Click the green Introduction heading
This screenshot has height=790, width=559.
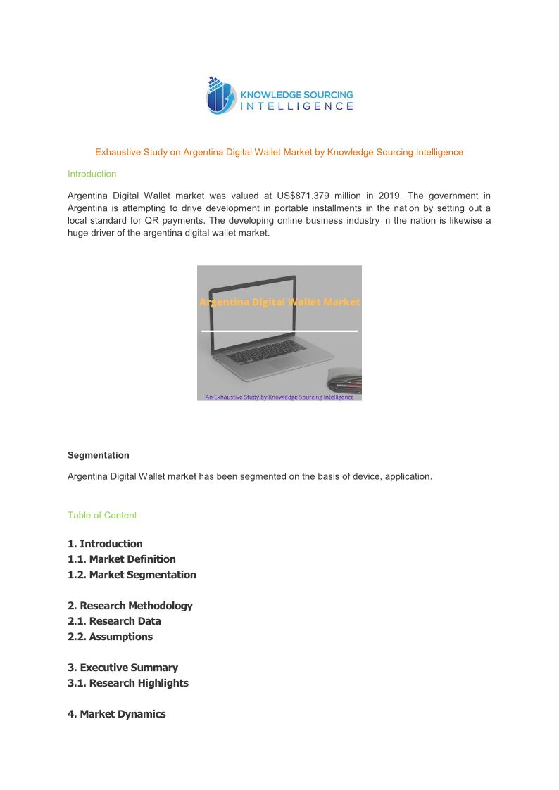tap(92, 174)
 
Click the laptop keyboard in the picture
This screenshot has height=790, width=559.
tap(268, 357)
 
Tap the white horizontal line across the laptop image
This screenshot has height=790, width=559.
tap(279, 331)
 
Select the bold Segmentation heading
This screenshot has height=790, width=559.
tap(98, 455)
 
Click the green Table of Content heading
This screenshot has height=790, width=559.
tap(102, 515)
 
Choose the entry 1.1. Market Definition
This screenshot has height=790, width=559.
tap(122, 559)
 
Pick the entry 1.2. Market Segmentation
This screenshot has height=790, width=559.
tap(132, 575)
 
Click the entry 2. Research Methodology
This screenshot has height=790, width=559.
tap(130, 606)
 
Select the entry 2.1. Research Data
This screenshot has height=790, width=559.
tap(114, 621)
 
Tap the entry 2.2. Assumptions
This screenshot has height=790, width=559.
tap(110, 637)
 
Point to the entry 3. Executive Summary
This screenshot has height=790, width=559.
tap(123, 668)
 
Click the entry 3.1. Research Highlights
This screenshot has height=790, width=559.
tap(128, 683)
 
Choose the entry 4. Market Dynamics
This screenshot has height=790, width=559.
tap(117, 714)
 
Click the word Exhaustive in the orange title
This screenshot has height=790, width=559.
tap(118, 152)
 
